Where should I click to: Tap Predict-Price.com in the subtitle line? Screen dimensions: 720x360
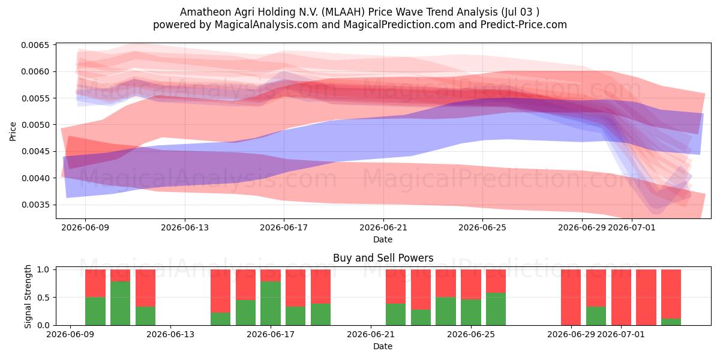(524, 25)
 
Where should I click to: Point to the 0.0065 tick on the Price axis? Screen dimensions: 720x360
(35, 45)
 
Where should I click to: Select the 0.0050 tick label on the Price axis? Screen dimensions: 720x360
(35, 125)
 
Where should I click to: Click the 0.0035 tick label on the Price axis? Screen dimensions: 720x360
(35, 205)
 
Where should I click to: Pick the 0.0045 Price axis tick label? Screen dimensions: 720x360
(35, 151)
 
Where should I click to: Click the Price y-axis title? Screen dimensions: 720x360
(13, 131)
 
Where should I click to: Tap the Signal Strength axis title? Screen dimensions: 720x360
(28, 296)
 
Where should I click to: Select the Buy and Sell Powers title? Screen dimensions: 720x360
(383, 258)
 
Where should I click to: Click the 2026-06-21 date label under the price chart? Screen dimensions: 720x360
(383, 227)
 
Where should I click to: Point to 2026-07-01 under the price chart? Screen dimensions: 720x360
(632, 227)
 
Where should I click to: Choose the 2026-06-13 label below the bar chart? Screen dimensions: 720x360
(170, 334)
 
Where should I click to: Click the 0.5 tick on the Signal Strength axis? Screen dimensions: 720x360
(43, 298)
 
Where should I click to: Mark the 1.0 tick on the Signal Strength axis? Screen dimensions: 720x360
(43, 269)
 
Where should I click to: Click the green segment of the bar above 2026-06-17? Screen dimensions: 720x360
(271, 303)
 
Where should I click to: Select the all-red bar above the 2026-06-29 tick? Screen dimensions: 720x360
(571, 298)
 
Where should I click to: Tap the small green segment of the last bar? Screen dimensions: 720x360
(671, 322)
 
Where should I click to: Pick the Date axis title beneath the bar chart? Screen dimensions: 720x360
(383, 346)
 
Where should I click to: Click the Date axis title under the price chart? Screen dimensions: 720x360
(383, 239)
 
